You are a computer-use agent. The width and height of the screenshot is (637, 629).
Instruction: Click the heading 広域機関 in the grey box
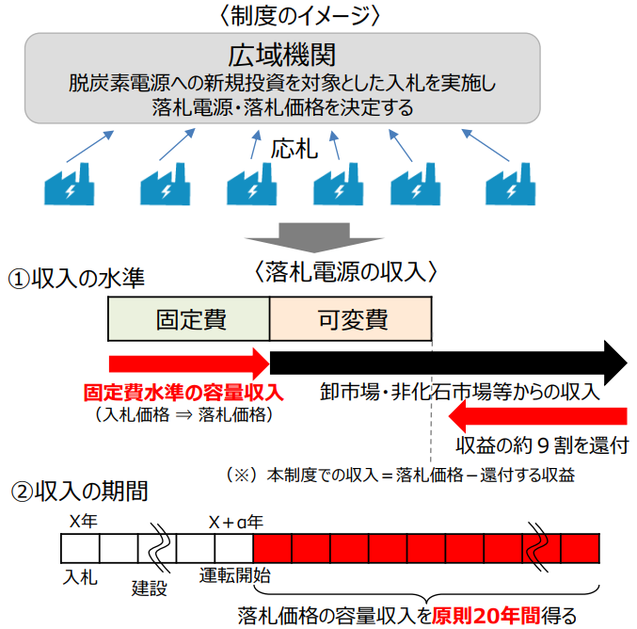[281, 54]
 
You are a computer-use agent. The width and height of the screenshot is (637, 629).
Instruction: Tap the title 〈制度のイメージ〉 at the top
[282, 15]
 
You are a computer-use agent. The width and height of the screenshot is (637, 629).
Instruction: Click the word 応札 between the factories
[295, 148]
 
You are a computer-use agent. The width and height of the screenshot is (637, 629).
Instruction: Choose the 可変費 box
[351, 318]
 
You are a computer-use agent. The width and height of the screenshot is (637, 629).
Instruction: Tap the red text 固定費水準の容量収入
[183, 392]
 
